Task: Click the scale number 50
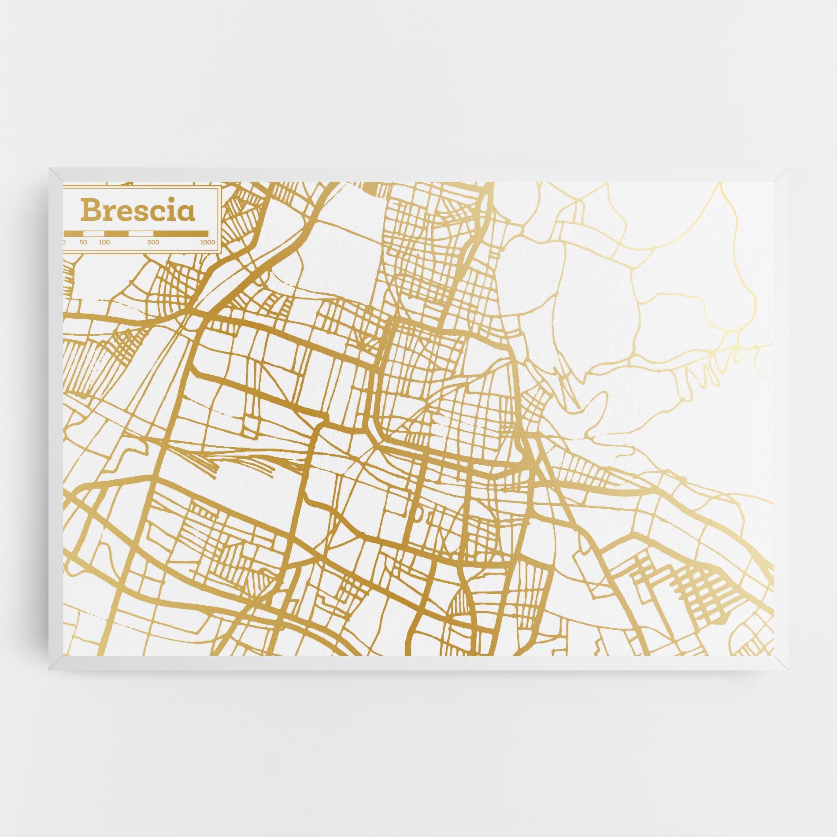pos(84,242)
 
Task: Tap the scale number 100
pos(104,242)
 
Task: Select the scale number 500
pos(153,242)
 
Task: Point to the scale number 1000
pos(207,242)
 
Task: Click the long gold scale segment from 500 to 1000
pos(181,233)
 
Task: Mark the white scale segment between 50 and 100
pos(94,233)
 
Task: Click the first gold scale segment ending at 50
pos(74,233)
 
